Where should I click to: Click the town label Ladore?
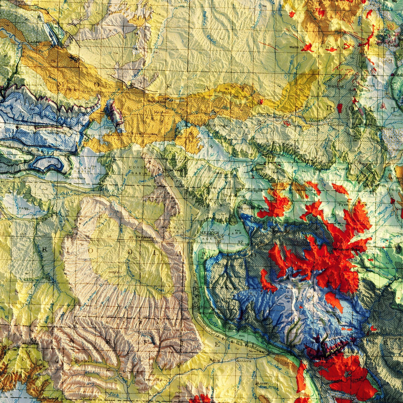point(35,42)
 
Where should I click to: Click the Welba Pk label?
point(298,47)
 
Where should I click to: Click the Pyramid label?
point(347,204)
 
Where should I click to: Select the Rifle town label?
point(216,360)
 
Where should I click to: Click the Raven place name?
point(262,383)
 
